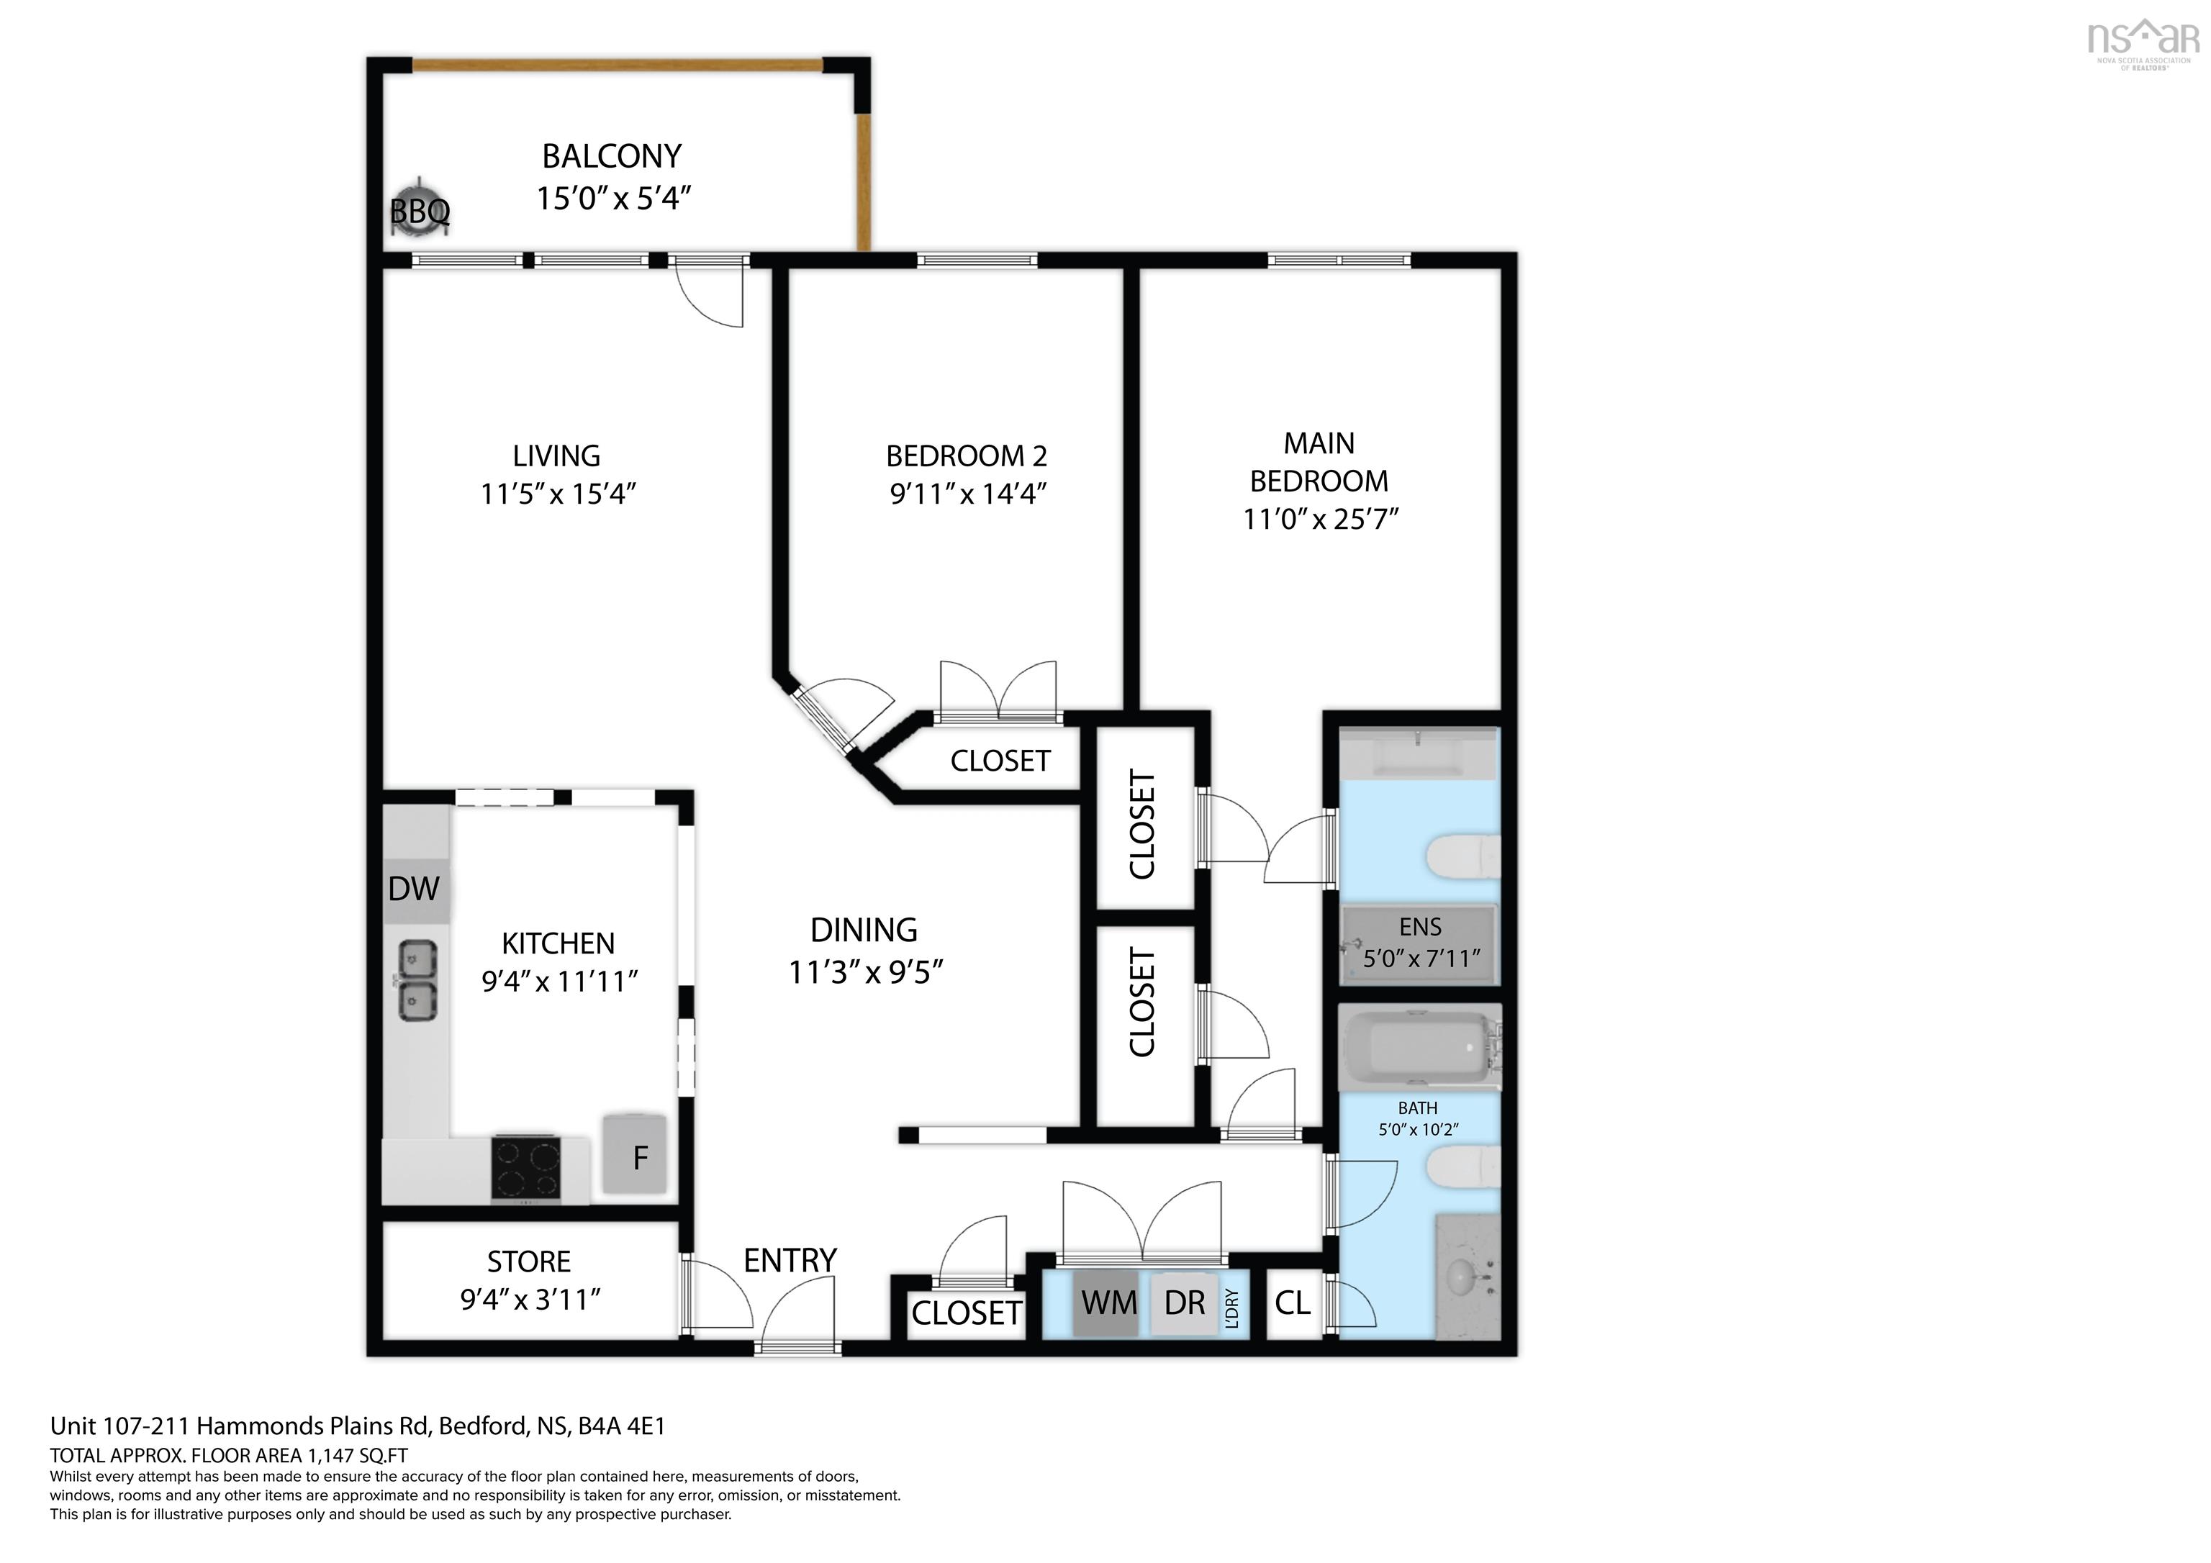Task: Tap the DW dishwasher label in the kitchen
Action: [414, 888]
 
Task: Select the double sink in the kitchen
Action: [418, 980]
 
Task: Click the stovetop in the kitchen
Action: [526, 1166]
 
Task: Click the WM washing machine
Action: [1108, 1302]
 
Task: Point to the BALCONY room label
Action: [612, 156]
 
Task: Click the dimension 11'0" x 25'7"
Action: [1320, 519]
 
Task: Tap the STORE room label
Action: [529, 1261]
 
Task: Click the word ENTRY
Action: [790, 1259]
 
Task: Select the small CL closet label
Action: [1293, 1303]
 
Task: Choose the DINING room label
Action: [864, 929]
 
